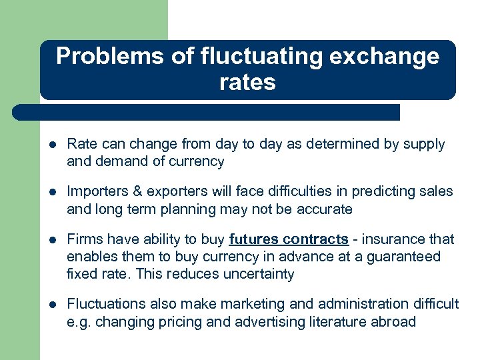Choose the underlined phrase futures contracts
point(288,239)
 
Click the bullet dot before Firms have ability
point(53,239)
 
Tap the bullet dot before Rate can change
point(53,145)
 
